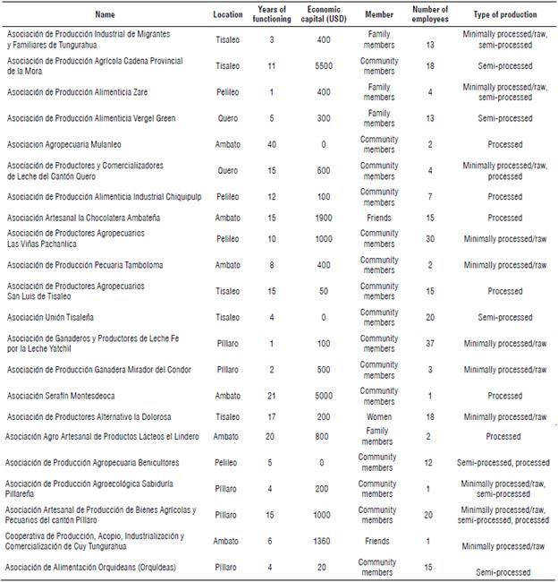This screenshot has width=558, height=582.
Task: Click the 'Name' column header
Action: click(106, 14)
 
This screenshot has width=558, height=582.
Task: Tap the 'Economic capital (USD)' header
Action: click(323, 14)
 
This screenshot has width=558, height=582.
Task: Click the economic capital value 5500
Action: click(323, 66)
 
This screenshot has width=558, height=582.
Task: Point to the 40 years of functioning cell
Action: click(271, 144)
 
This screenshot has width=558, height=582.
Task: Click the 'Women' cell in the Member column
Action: click(379, 416)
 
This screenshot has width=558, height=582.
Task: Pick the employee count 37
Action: click(430, 343)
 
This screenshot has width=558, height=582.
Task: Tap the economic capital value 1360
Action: click(323, 541)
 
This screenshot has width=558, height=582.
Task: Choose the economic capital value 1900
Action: click(323, 218)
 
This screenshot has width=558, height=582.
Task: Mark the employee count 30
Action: click(430, 238)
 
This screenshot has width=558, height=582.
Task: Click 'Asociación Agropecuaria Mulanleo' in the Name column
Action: click(65, 144)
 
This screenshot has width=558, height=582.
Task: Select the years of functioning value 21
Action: click(271, 396)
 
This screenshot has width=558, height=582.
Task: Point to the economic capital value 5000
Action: click(323, 396)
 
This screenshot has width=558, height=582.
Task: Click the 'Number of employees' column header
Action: click(430, 14)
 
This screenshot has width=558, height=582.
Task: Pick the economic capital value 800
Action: click(323, 437)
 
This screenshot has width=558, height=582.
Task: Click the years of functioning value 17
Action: click(271, 416)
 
